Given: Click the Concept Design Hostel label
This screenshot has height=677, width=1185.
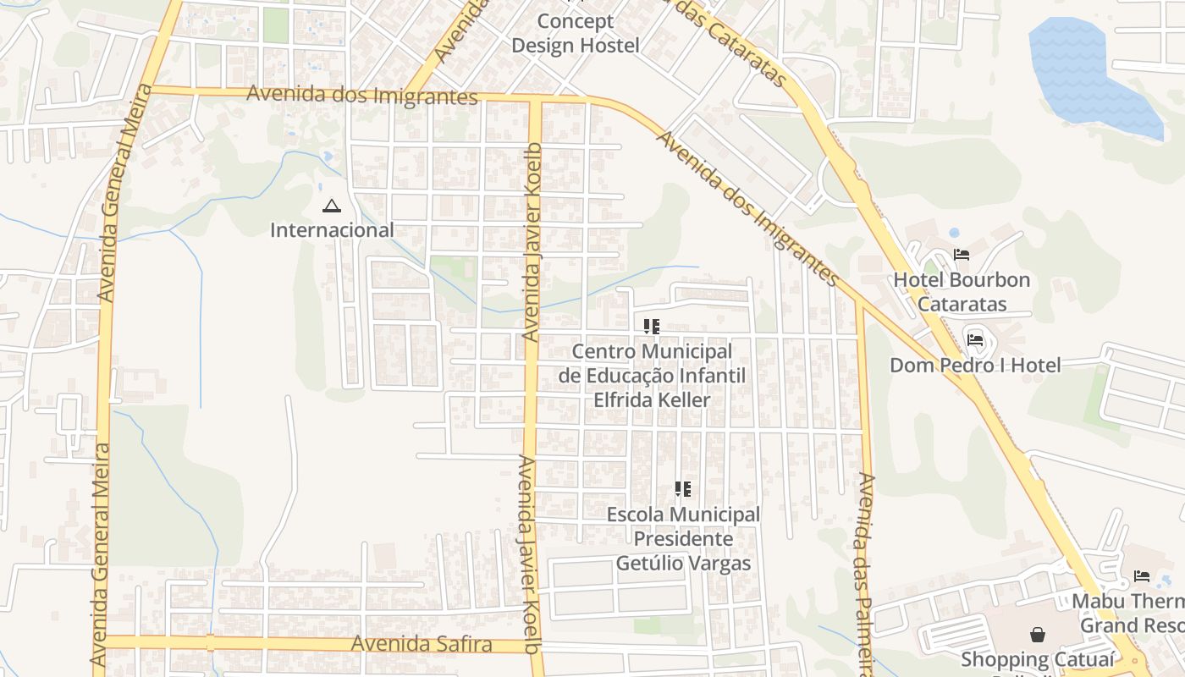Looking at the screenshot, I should click(x=575, y=34).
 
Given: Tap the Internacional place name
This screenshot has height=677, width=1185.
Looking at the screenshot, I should click(x=332, y=229).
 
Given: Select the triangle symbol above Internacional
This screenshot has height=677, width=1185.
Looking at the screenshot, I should click(x=332, y=206).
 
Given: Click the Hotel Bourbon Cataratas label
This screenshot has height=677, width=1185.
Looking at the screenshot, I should click(x=962, y=292).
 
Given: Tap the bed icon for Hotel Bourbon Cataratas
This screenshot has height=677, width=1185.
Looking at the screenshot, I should click(x=962, y=254).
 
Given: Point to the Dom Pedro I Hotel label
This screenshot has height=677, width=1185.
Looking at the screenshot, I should click(x=975, y=366).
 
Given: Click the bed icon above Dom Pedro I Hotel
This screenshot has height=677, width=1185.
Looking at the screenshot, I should click(x=975, y=341).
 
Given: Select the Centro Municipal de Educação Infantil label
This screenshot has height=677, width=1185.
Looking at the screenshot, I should click(x=652, y=375).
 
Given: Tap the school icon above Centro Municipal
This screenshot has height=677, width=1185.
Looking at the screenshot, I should click(x=651, y=326).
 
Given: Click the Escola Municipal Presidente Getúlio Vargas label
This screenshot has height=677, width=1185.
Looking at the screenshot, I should click(x=683, y=538).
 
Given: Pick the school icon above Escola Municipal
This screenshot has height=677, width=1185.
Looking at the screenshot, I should click(x=683, y=488).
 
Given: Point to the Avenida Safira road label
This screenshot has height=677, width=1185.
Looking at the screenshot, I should click(x=422, y=644).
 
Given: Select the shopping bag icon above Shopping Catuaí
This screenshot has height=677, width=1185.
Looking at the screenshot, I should click(x=1037, y=634).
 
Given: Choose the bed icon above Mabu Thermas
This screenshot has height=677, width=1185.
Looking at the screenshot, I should click(x=1142, y=576).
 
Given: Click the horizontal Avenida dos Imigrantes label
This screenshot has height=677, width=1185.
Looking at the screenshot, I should click(x=362, y=95).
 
